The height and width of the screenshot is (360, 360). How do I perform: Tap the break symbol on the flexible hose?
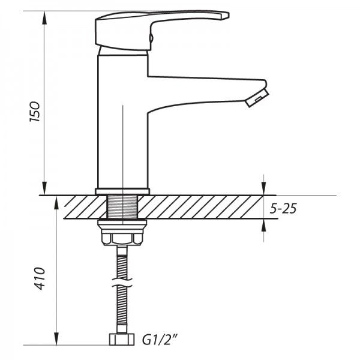[122, 278]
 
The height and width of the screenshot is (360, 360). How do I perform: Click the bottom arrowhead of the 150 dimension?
[44, 190]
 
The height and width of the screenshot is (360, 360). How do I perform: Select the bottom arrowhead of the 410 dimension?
[58, 341]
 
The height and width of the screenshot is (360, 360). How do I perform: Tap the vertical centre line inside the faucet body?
[122, 144]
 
